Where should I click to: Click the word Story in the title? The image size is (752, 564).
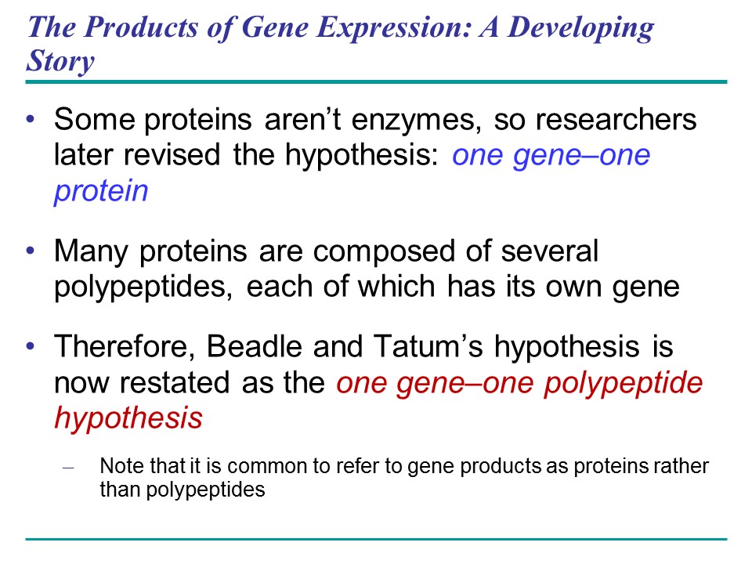(x=60, y=61)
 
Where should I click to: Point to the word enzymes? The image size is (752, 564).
(x=417, y=120)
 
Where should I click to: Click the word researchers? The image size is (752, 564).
(x=616, y=119)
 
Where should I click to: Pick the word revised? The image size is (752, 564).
(x=172, y=154)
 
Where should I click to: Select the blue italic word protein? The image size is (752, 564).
(x=101, y=192)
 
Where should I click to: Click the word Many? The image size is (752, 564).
(x=91, y=251)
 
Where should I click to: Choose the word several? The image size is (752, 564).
(x=550, y=251)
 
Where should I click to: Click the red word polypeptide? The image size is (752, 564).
(x=624, y=384)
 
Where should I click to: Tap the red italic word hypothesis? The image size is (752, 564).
(x=128, y=418)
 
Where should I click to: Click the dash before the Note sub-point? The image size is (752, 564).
(x=69, y=467)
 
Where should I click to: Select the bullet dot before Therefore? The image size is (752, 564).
(x=31, y=345)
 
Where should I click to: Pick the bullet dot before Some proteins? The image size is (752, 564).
(x=31, y=118)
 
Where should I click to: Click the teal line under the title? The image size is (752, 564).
(x=376, y=82)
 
